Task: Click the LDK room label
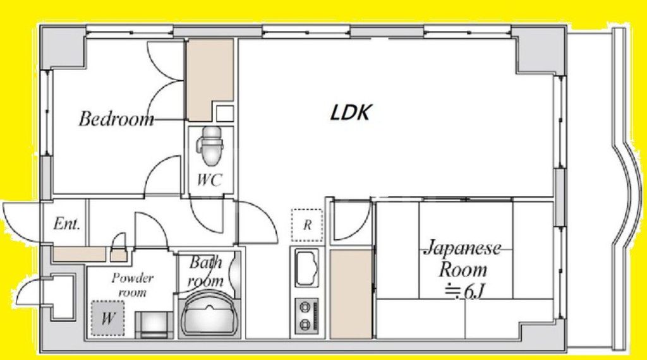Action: pyautogui.click(x=351, y=113)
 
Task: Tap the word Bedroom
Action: pyautogui.click(x=116, y=119)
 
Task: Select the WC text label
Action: pyautogui.click(x=209, y=180)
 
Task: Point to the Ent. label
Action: pyautogui.click(x=66, y=224)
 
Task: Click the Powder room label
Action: pyautogui.click(x=133, y=285)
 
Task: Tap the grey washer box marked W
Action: pyautogui.click(x=107, y=318)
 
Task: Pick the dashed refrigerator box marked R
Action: pyautogui.click(x=306, y=225)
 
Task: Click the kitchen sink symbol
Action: pyautogui.click(x=307, y=268)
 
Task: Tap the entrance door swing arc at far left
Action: pyautogui.click(x=16, y=221)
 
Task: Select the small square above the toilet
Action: pyautogui.click(x=224, y=114)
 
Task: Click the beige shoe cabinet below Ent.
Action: pyautogui.click(x=78, y=254)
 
